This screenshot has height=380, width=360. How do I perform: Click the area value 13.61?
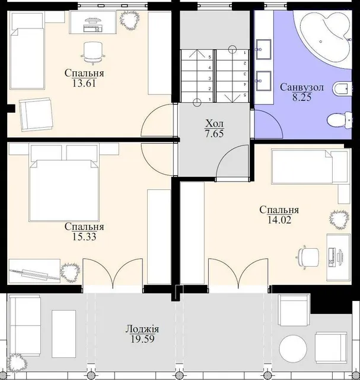pos(84,84)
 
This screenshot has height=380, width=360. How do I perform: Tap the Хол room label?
pos(215,123)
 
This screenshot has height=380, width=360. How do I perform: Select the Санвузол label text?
pos(302,87)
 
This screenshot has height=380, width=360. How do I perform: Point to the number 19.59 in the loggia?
pos(142,339)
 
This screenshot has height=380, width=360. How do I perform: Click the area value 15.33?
pos(84,237)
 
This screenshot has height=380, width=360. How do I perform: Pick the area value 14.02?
pos(279,220)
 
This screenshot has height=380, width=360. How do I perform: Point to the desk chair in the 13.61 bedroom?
pos(93,53)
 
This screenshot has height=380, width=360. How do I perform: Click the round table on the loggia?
pos(293,349)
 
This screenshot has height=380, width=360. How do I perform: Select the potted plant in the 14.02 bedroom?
pos(339,220)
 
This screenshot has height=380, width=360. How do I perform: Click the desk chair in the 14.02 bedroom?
pos(307,258)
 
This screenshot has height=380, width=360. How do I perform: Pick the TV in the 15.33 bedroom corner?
pos(34,273)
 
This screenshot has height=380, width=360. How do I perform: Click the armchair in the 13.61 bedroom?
pos(36,114)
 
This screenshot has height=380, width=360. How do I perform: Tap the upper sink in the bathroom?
pos(263,49)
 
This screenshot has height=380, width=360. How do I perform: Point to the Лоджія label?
pos(142,329)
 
